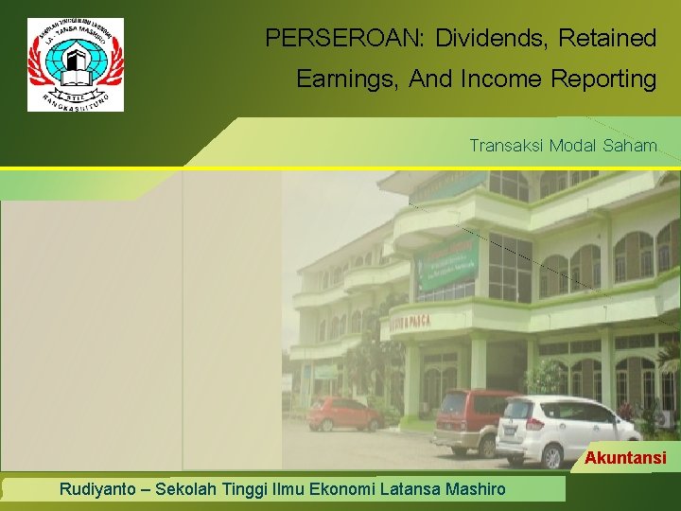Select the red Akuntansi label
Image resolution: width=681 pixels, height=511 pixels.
tap(625, 459)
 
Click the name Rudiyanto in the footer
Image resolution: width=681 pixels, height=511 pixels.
tap(97, 489)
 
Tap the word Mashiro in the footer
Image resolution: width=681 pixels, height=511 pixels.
tap(472, 489)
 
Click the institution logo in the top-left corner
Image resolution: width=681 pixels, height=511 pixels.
tap(76, 64)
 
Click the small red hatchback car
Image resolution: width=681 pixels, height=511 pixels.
tap(344, 413)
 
